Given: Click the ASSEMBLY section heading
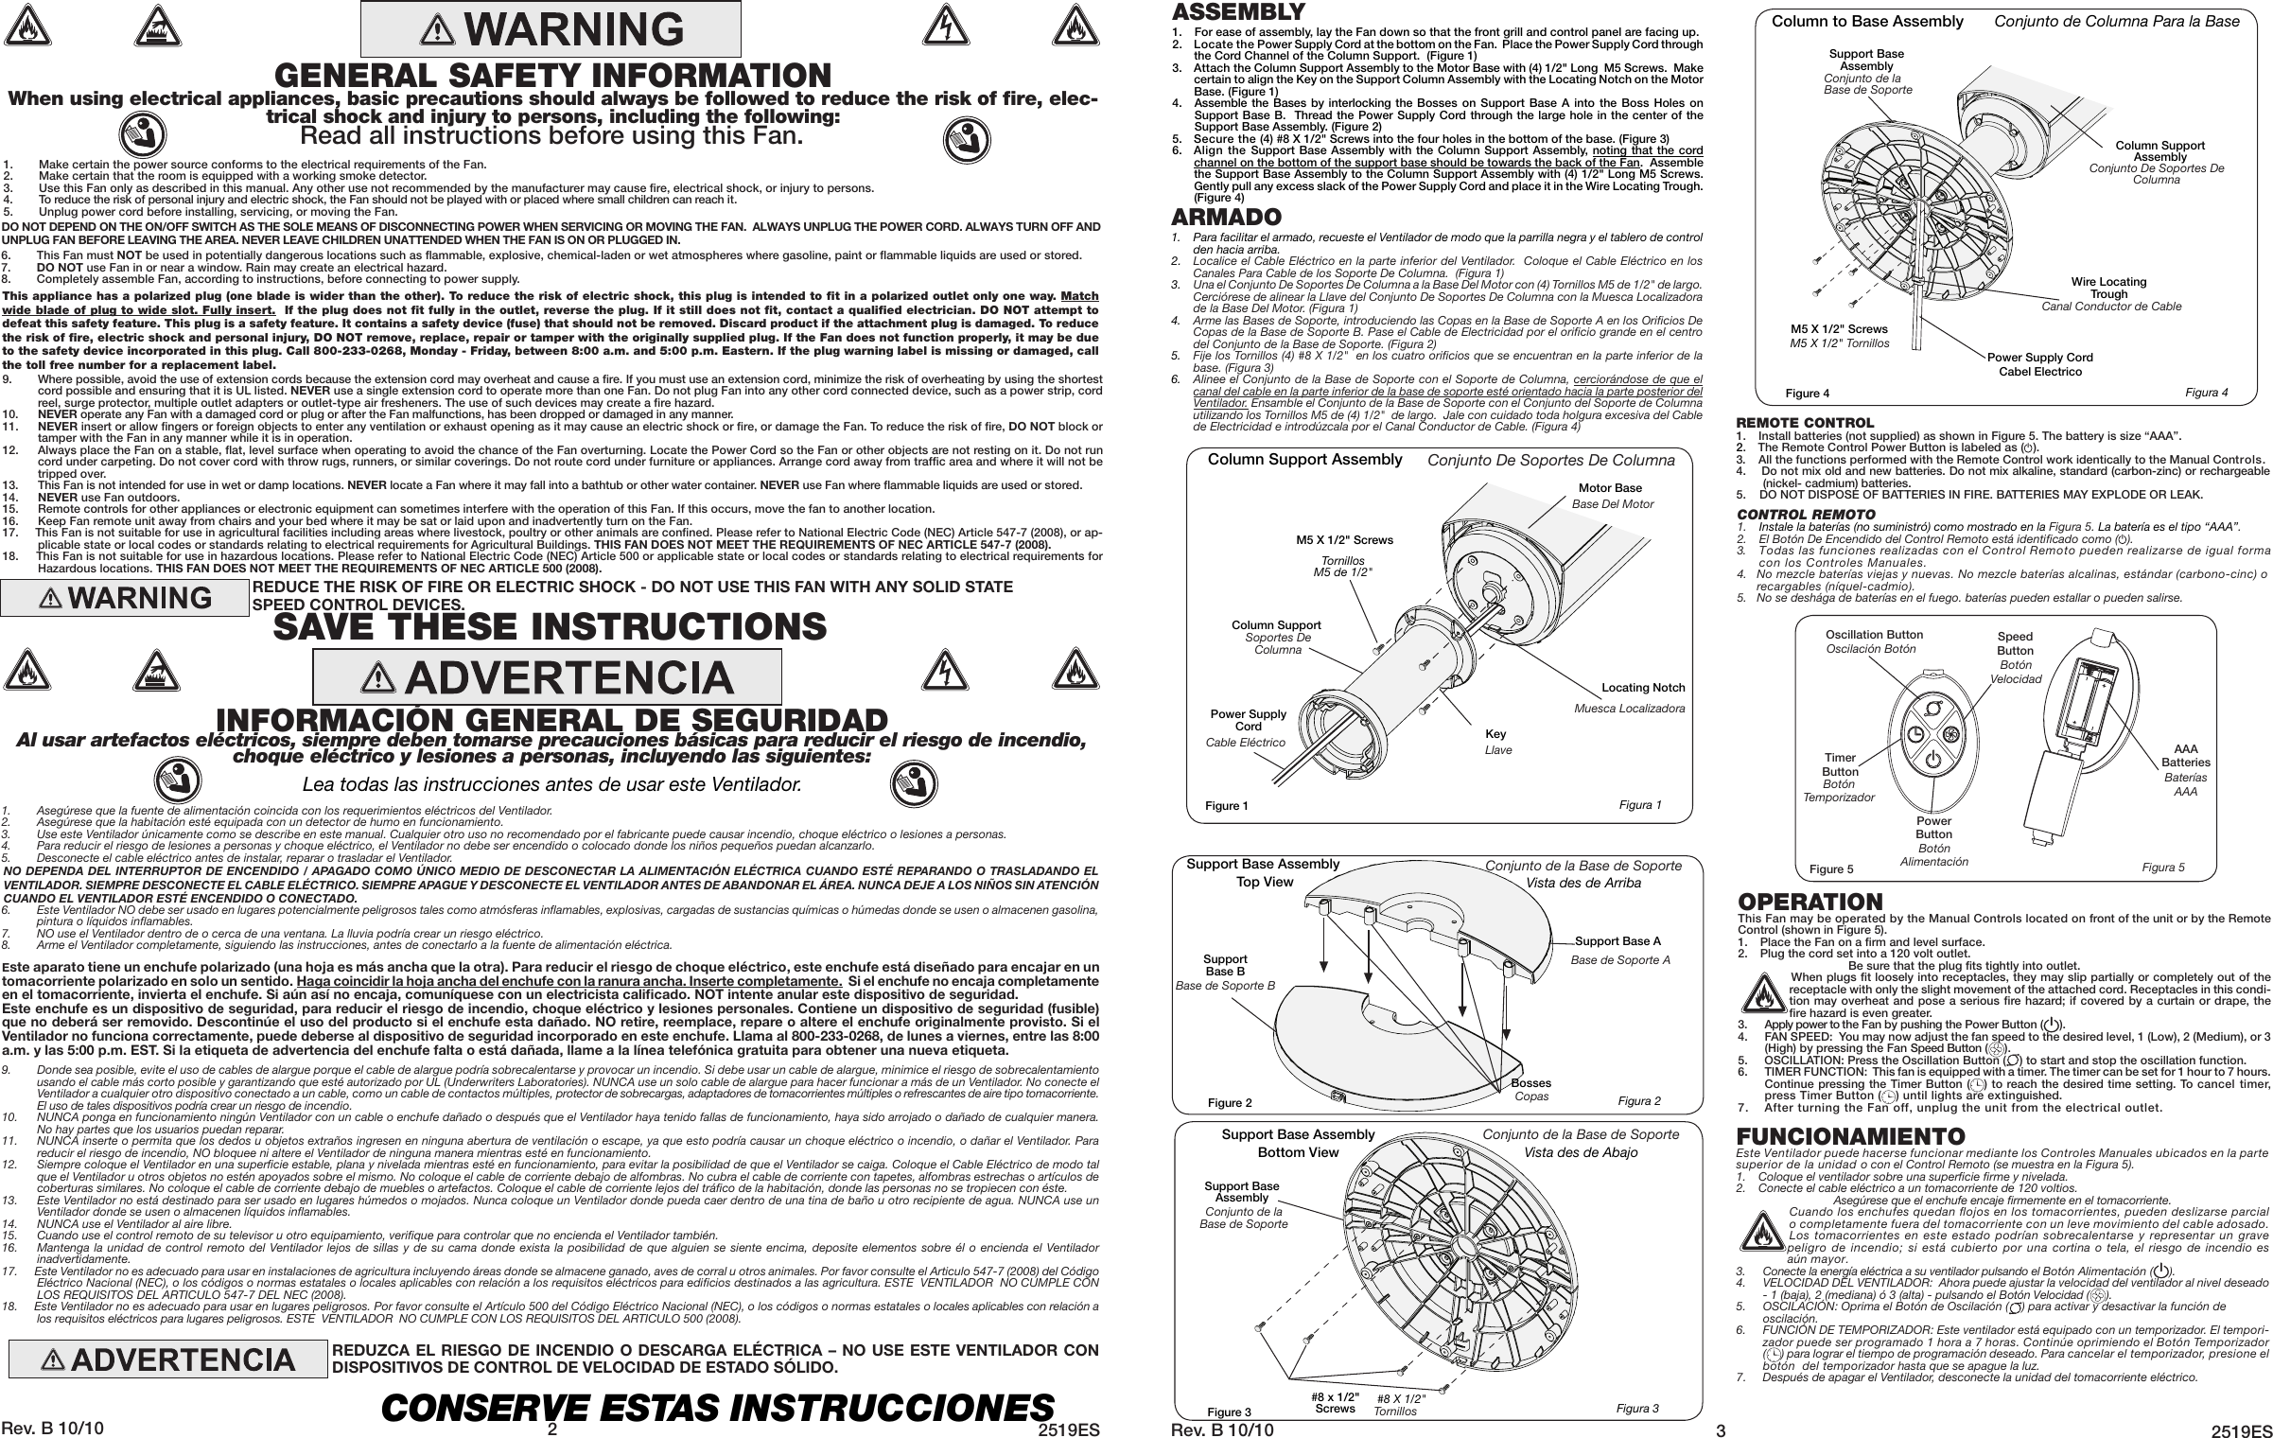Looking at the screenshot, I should click(x=1225, y=12).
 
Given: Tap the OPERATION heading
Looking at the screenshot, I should click(x=1810, y=902).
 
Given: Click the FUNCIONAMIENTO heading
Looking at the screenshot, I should click(x=1851, y=1162).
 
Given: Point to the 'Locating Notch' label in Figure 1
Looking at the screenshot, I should click(x=1643, y=687).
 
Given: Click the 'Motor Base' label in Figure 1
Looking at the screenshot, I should click(x=1610, y=488).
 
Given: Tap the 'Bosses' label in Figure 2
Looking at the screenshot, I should click(x=1531, y=1083).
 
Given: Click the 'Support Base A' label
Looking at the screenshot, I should click(x=1617, y=941).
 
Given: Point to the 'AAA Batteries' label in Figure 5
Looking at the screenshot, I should click(x=2185, y=756).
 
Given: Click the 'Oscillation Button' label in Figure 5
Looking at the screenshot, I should click(x=1874, y=635).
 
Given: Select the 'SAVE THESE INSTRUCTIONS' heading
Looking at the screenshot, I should click(x=550, y=626).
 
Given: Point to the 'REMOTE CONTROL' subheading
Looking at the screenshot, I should click(x=1804, y=423).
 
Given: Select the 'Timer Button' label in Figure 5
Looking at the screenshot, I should click(x=1839, y=764).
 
